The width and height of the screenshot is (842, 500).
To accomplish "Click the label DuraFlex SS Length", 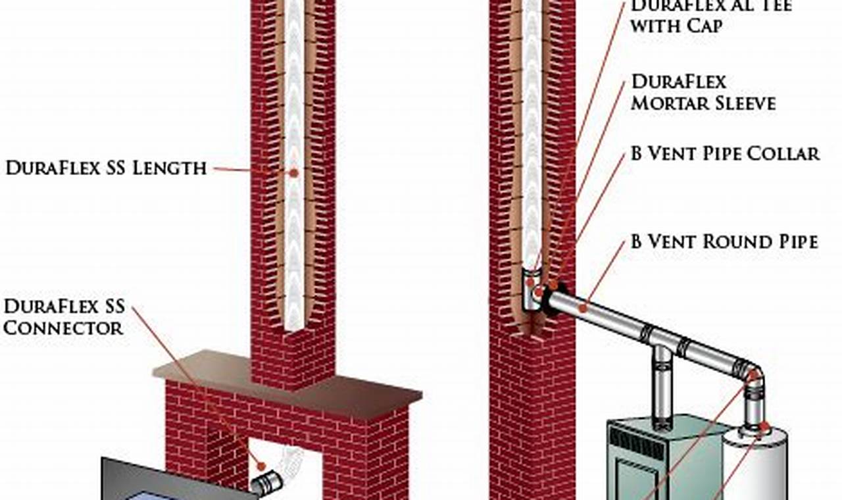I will coord(106,168).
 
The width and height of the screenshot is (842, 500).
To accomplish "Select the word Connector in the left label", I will coord(63,328).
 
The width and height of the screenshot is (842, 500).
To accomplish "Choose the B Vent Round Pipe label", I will coord(724,242).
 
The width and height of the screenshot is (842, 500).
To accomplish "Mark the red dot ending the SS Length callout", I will coord(293,173).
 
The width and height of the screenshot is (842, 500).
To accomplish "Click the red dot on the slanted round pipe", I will coord(583,307).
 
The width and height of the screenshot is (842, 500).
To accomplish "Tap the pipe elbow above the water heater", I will coord(753,379).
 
